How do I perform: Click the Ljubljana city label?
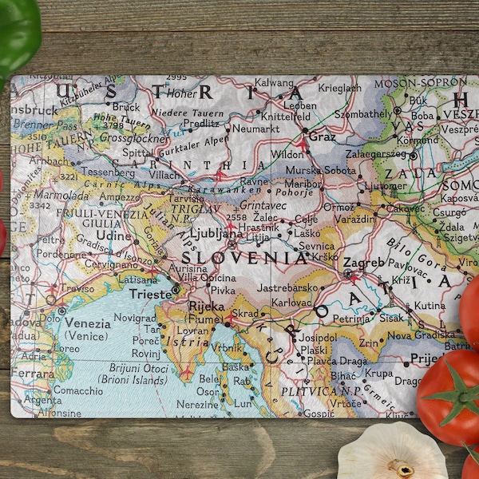[216, 234]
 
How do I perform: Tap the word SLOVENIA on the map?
[244, 258]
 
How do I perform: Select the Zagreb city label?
[363, 262]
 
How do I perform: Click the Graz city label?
[323, 137]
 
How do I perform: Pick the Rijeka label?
[206, 306]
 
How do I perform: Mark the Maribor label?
[301, 183]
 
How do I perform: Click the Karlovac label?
[291, 303]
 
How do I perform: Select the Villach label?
[164, 175]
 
